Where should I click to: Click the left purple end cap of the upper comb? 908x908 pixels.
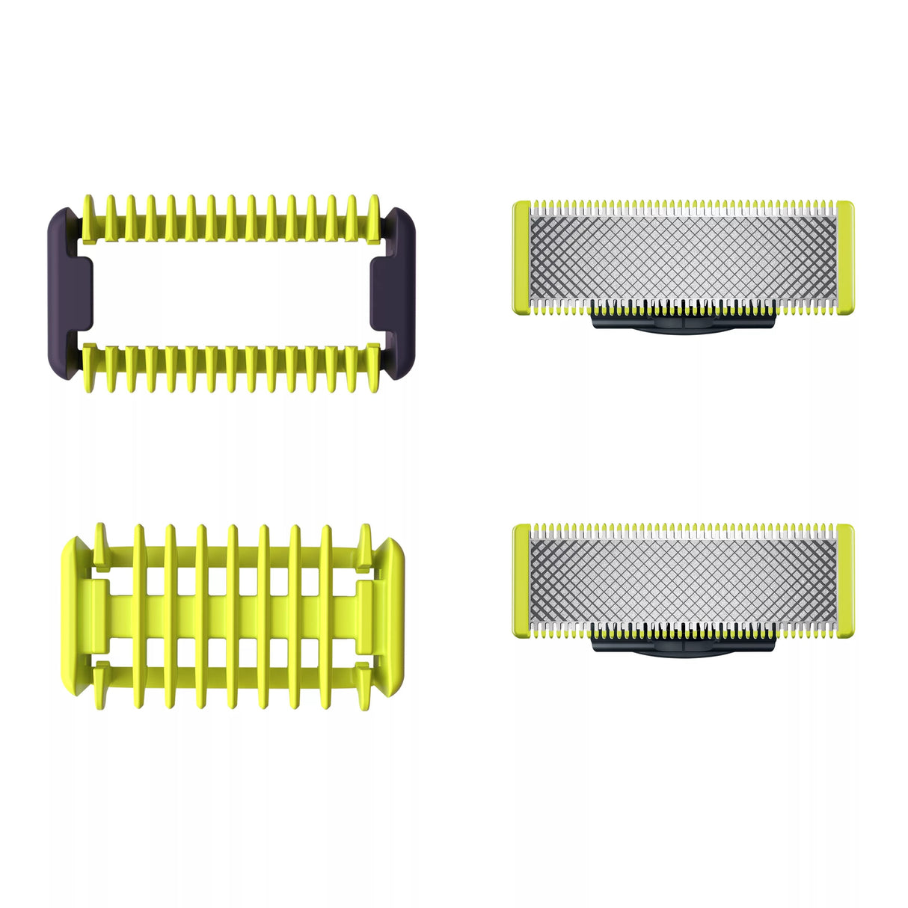(x=66, y=292)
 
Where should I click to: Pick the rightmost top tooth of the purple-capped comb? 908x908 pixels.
(x=372, y=217)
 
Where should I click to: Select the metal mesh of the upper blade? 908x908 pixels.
(x=682, y=259)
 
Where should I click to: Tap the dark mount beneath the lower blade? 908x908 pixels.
(x=683, y=645)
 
